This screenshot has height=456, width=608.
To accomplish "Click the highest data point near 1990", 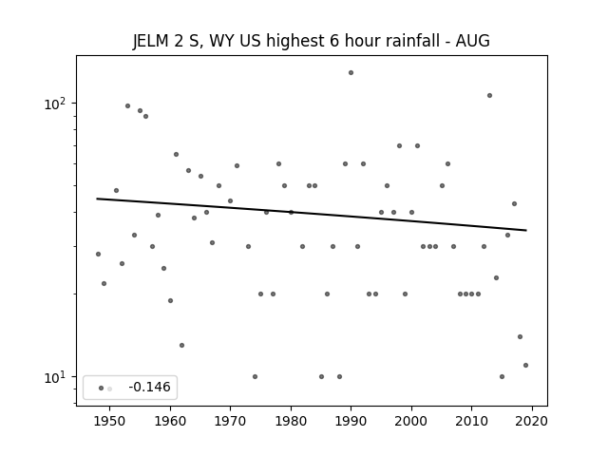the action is (351, 72).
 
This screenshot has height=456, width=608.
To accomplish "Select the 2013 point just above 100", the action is (490, 95).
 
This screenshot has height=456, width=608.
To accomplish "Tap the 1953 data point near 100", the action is (127, 105).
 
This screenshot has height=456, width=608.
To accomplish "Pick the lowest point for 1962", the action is (181, 345).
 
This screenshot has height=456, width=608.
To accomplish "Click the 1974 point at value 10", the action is (255, 376).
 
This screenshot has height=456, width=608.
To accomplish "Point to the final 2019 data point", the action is (525, 365).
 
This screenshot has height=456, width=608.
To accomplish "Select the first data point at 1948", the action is (98, 254).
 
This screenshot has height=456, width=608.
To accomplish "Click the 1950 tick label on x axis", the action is (110, 421).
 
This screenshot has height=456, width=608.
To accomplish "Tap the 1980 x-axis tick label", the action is (291, 421).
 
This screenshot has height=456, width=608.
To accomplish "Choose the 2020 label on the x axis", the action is (532, 421).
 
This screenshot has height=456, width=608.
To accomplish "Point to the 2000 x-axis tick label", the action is (411, 421).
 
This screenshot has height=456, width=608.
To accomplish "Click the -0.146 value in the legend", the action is (149, 387).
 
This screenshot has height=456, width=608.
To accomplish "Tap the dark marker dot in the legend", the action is (102, 389).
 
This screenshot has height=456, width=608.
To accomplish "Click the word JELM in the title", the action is (151, 41).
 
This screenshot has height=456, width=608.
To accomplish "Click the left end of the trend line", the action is (97, 199).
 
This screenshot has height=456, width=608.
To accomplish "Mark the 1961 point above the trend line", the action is (176, 154).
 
